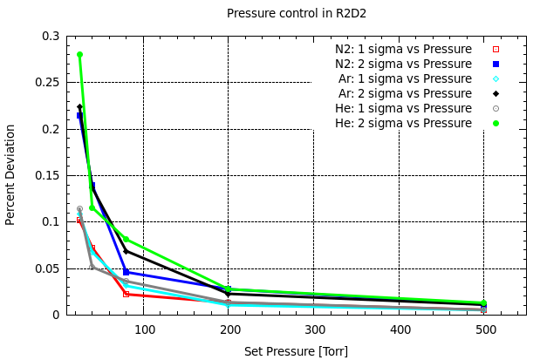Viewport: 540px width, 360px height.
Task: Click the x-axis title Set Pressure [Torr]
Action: [296, 351]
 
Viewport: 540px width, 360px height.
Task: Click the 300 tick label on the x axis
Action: [315, 330]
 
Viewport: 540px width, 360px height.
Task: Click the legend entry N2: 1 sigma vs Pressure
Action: [403, 49]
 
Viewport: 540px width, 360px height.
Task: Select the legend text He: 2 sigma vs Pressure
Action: [403, 123]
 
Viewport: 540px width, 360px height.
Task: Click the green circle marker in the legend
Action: [496, 123]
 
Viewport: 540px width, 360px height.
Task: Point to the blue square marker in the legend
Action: [496, 64]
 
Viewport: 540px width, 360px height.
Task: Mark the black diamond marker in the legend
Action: [496, 93]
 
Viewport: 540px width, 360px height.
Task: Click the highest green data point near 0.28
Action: [79, 55]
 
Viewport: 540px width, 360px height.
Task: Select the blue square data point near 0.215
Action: [79, 115]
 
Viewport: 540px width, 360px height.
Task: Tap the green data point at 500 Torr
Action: [483, 303]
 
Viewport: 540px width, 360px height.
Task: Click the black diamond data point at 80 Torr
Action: [126, 251]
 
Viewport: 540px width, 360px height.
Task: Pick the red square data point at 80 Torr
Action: [126, 294]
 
